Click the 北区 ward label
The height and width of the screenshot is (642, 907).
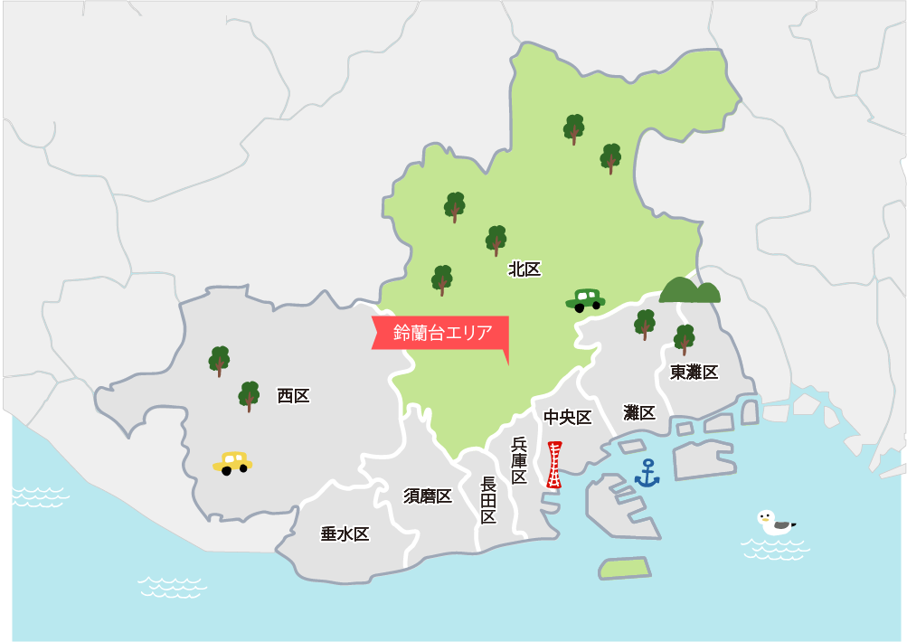point(524,269)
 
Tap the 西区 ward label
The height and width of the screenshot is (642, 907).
point(293,395)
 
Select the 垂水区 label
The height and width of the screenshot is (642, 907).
point(345,533)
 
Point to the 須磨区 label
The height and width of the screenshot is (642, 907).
point(428,496)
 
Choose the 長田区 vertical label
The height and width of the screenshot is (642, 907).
point(488,500)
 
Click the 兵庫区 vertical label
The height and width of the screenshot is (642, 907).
point(519,460)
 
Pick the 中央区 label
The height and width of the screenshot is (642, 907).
point(567,417)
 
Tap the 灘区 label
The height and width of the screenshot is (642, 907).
point(639,412)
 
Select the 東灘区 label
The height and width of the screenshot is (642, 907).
point(694,372)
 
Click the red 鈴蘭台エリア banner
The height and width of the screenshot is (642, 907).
point(441,333)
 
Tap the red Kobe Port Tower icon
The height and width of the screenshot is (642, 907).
point(554,465)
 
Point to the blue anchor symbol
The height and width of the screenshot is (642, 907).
point(647,473)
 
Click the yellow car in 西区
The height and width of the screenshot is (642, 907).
point(233,463)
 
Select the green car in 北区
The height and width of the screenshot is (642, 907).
point(585,299)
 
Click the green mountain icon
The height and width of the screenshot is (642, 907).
point(690,289)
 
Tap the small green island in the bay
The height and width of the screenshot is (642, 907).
point(625,568)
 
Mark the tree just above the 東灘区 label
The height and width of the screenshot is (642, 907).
point(685,339)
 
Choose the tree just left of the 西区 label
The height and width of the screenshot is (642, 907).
point(249,396)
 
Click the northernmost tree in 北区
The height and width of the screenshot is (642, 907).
point(574,129)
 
